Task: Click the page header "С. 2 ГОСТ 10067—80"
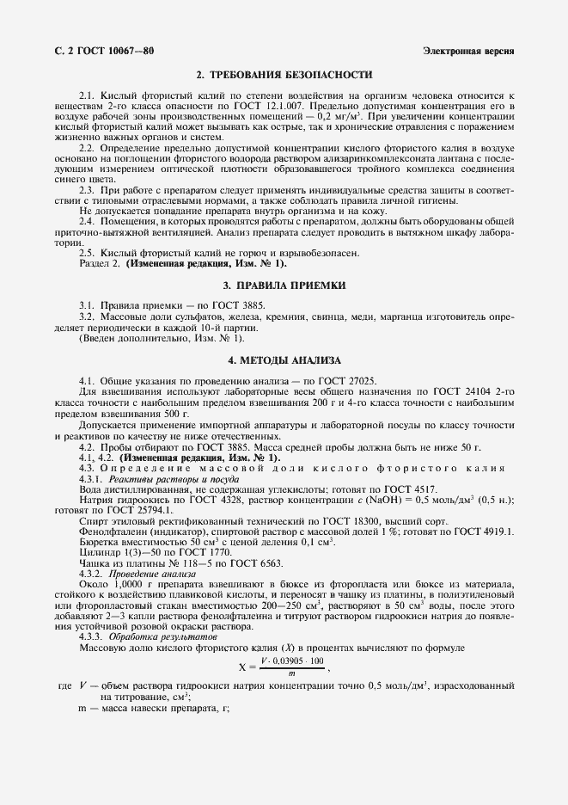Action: point(99,52)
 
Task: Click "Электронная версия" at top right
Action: point(468,52)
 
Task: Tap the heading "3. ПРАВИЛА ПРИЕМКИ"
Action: point(284,285)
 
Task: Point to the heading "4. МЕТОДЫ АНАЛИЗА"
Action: point(284,359)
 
